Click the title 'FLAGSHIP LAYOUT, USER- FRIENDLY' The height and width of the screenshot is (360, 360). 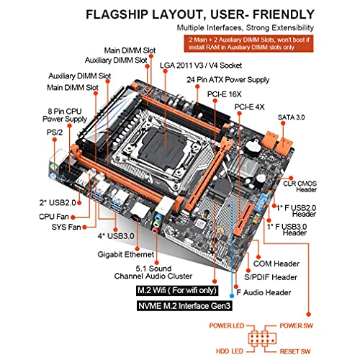pyautogui.click(x=223, y=14)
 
